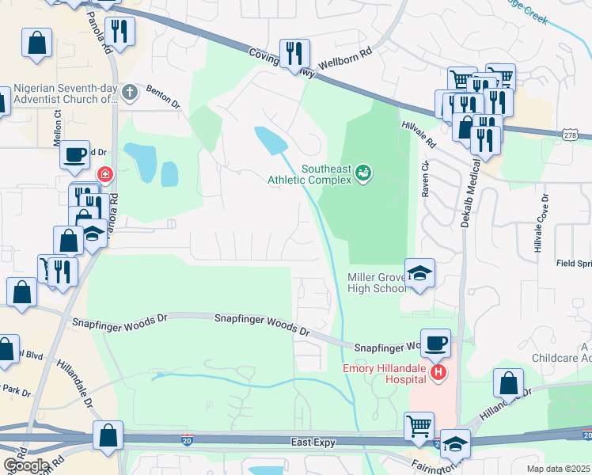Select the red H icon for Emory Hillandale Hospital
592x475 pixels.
[x=438, y=370]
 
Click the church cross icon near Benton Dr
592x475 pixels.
[x=131, y=93]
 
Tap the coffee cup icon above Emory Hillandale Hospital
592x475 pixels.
[x=435, y=344]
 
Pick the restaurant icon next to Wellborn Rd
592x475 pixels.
[x=294, y=54]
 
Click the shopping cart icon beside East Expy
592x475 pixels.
[x=419, y=426]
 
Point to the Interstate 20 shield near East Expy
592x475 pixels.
[x=187, y=438]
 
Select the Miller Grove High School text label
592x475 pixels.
[x=377, y=283]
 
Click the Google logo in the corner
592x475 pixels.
[x=26, y=465]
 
